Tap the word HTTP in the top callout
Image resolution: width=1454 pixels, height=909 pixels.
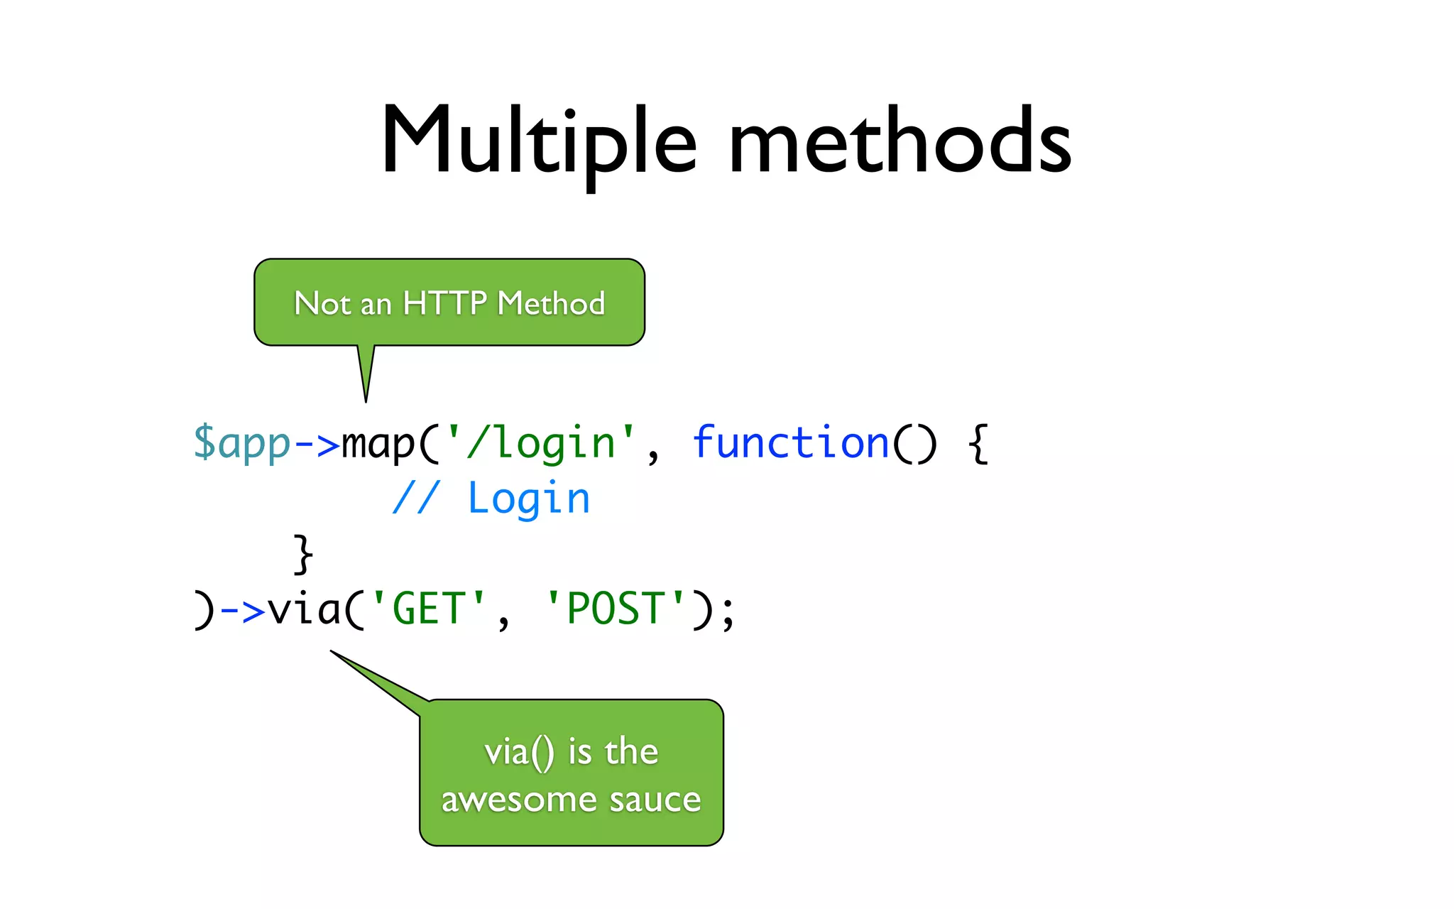pos(444,303)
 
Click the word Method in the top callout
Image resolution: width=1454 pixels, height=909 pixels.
pos(551,303)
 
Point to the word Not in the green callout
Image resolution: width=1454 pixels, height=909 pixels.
pos(322,303)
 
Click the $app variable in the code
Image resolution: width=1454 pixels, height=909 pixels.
pos(241,443)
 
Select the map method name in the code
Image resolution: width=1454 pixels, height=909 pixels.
pos(378,443)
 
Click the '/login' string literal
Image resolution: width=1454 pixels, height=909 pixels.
pos(540,443)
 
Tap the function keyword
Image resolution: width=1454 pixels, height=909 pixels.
pos(790,443)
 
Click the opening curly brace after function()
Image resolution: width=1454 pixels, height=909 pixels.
pos(978,443)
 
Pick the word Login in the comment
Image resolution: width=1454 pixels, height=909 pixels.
pos(528,499)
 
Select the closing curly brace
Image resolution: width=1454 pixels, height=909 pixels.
pos(303,554)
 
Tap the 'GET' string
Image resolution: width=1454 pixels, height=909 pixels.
pos(429,609)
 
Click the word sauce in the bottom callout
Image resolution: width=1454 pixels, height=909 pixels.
pos(655,800)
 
